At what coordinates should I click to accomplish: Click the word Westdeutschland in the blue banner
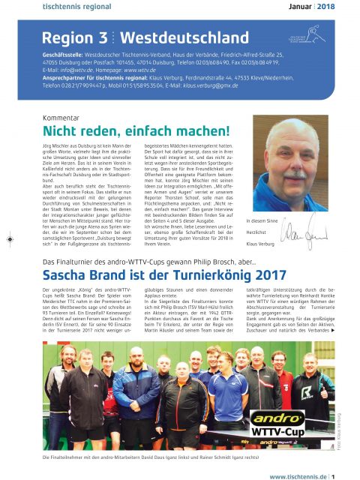point(178,37)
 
